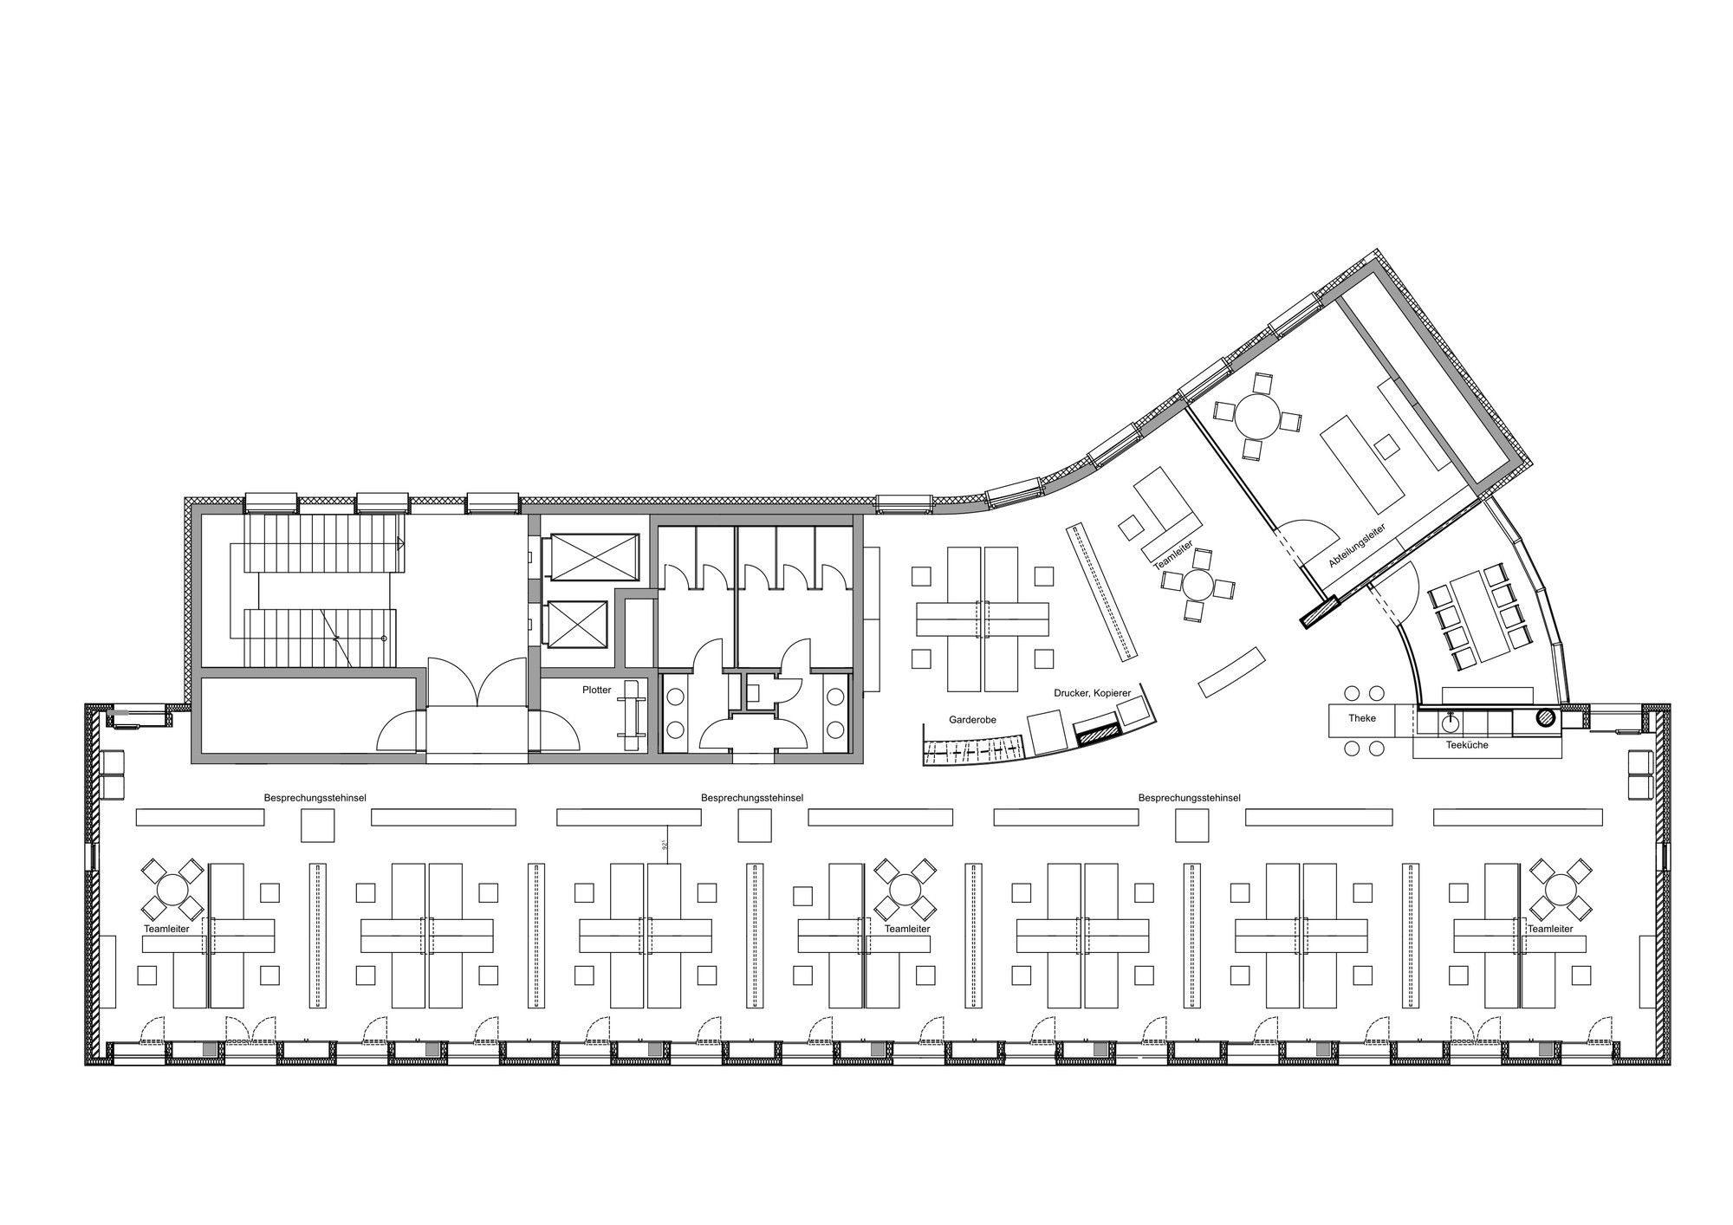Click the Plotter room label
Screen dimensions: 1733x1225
597,690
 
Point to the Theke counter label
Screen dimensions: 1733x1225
1362,718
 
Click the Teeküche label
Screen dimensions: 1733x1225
1467,744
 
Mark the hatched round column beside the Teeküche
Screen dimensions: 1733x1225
1544,717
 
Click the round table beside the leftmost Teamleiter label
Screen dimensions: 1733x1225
172,890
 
